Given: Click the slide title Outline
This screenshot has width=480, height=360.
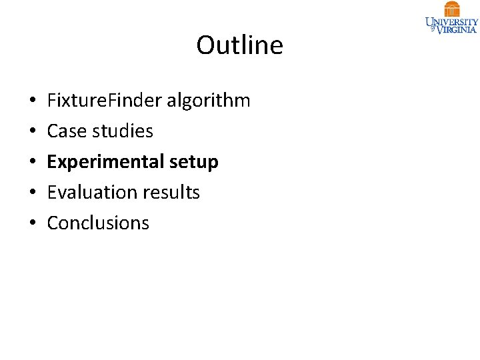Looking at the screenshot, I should [x=239, y=45].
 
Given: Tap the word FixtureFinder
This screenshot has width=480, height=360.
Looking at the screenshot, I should [x=105, y=101].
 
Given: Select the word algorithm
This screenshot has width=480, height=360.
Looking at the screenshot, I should [x=208, y=101].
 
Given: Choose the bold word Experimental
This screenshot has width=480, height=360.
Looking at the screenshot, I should [x=105, y=162].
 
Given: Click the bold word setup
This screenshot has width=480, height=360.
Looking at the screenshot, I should [x=194, y=162].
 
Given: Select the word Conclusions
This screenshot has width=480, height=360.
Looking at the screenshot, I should [x=98, y=223].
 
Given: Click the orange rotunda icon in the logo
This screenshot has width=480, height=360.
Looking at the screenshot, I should [x=452, y=9].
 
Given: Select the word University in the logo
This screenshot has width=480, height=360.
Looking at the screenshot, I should [x=452, y=21].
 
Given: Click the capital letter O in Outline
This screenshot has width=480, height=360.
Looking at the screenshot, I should [x=205, y=45].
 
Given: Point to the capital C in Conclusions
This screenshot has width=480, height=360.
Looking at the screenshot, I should [x=53, y=223].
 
